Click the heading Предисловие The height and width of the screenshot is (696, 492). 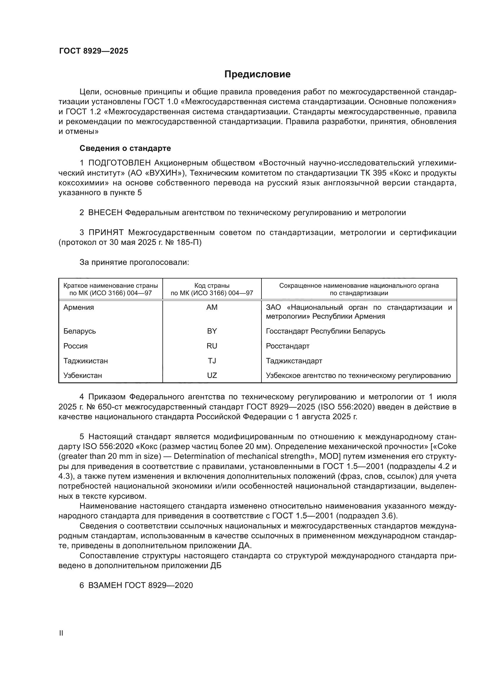pyautogui.click(x=257, y=74)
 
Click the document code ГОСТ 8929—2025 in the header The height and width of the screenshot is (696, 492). pyautogui.click(x=94, y=51)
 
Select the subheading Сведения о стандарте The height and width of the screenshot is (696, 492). pyautogui.click(x=125, y=148)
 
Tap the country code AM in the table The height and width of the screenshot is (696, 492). pyautogui.click(x=212, y=307)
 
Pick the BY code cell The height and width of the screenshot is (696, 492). pyautogui.click(x=212, y=331)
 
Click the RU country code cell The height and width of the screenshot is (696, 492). pyautogui.click(x=212, y=346)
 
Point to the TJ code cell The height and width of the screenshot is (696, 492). pyautogui.click(x=212, y=361)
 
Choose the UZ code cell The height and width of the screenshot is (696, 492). pyautogui.click(x=212, y=376)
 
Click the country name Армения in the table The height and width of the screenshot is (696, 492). pyautogui.click(x=79, y=307)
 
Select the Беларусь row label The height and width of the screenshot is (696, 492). pyautogui.click(x=79, y=331)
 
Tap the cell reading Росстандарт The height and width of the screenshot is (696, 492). pyautogui.click(x=288, y=346)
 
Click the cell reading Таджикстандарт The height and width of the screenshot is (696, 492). pyautogui.click(x=294, y=361)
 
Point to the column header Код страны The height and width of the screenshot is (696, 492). pyautogui.click(x=212, y=286)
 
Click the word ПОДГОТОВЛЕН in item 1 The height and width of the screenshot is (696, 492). pyautogui.click(x=119, y=163)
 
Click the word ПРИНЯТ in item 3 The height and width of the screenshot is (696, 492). pyautogui.click(x=106, y=232)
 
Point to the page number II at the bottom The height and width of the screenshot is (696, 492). pyautogui.click(x=61, y=633)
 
